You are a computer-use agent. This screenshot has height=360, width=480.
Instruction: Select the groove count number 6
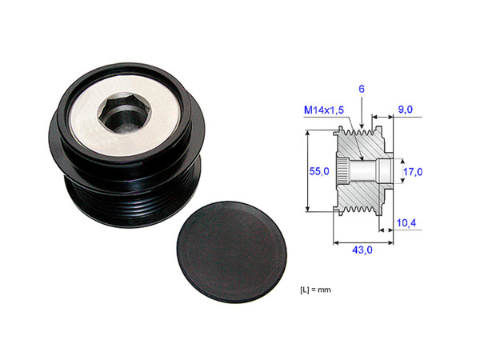click(x=361, y=91)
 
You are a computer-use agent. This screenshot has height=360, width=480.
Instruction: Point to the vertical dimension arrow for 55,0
click(x=308, y=171)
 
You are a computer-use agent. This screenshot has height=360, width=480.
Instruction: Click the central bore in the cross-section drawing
click(x=368, y=170)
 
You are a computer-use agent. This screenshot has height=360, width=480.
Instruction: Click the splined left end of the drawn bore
click(x=342, y=170)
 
